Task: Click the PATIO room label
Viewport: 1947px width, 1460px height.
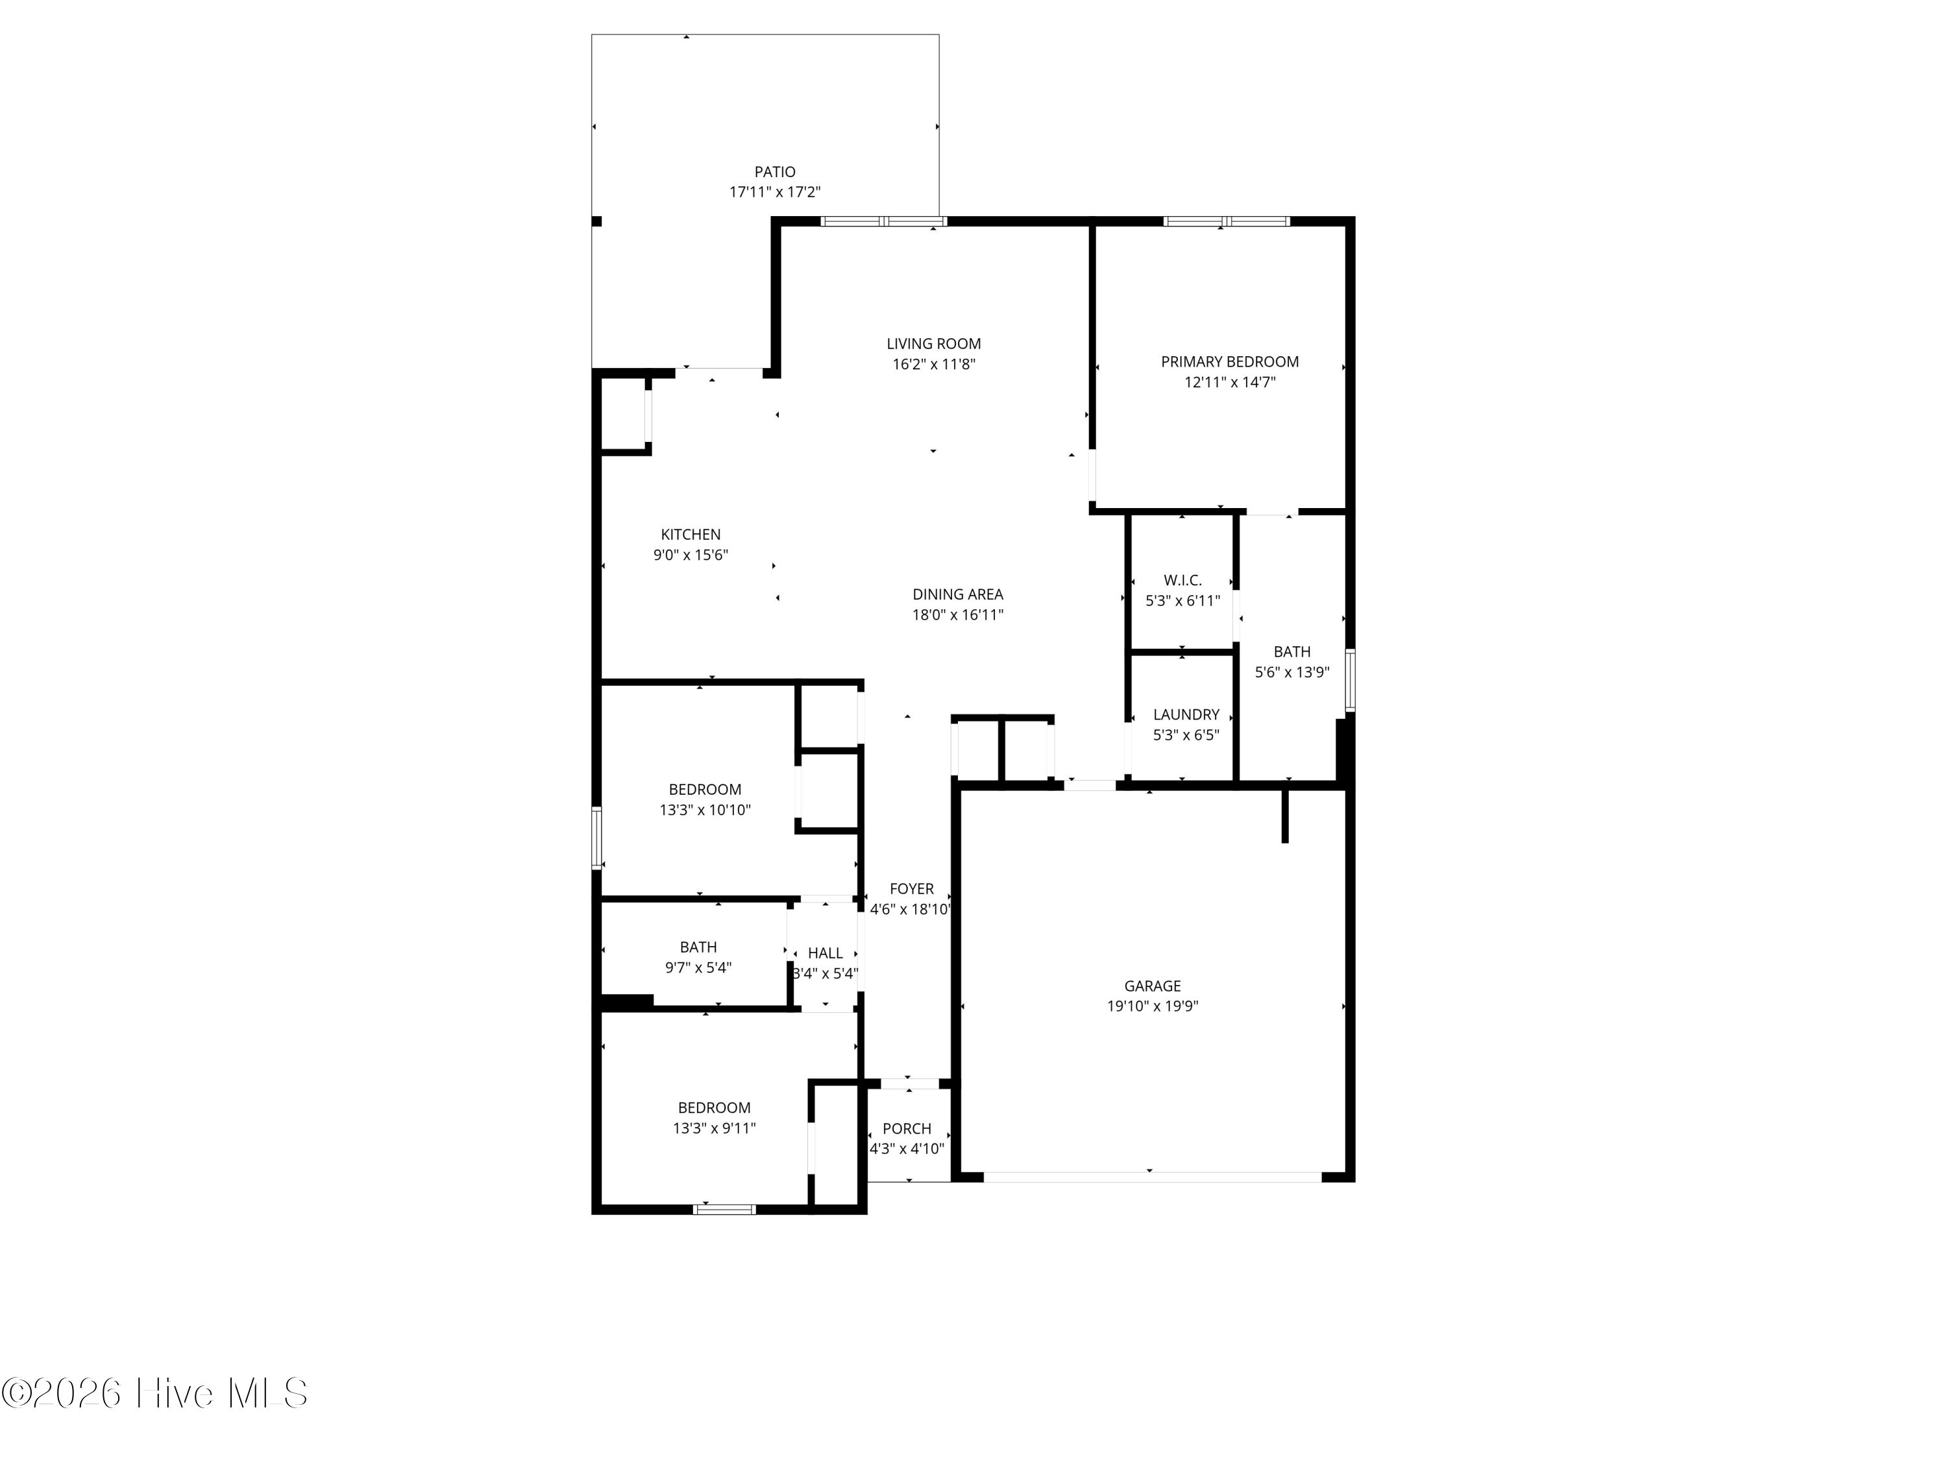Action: [774, 173]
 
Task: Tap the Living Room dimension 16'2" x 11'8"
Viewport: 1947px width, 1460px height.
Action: [934, 364]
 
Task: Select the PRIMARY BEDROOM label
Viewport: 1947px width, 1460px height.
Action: [1230, 361]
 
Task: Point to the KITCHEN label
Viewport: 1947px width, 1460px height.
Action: [691, 534]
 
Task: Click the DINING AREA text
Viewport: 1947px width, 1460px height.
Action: [958, 594]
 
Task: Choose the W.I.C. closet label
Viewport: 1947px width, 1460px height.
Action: [1183, 581]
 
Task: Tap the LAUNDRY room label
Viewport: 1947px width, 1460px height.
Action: [1186, 714]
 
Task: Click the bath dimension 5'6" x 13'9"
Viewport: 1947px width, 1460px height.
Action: [1292, 672]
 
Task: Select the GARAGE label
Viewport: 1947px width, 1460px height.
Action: [1152, 986]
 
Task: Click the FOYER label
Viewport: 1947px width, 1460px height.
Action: [911, 889]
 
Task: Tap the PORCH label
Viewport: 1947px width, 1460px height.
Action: [907, 1128]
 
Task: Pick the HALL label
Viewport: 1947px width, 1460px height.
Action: [826, 953]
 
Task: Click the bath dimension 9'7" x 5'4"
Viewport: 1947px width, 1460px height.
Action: [698, 968]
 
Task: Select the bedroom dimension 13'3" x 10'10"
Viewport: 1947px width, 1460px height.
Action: [705, 810]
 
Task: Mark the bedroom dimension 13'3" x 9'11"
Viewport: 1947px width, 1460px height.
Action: [714, 1128]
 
